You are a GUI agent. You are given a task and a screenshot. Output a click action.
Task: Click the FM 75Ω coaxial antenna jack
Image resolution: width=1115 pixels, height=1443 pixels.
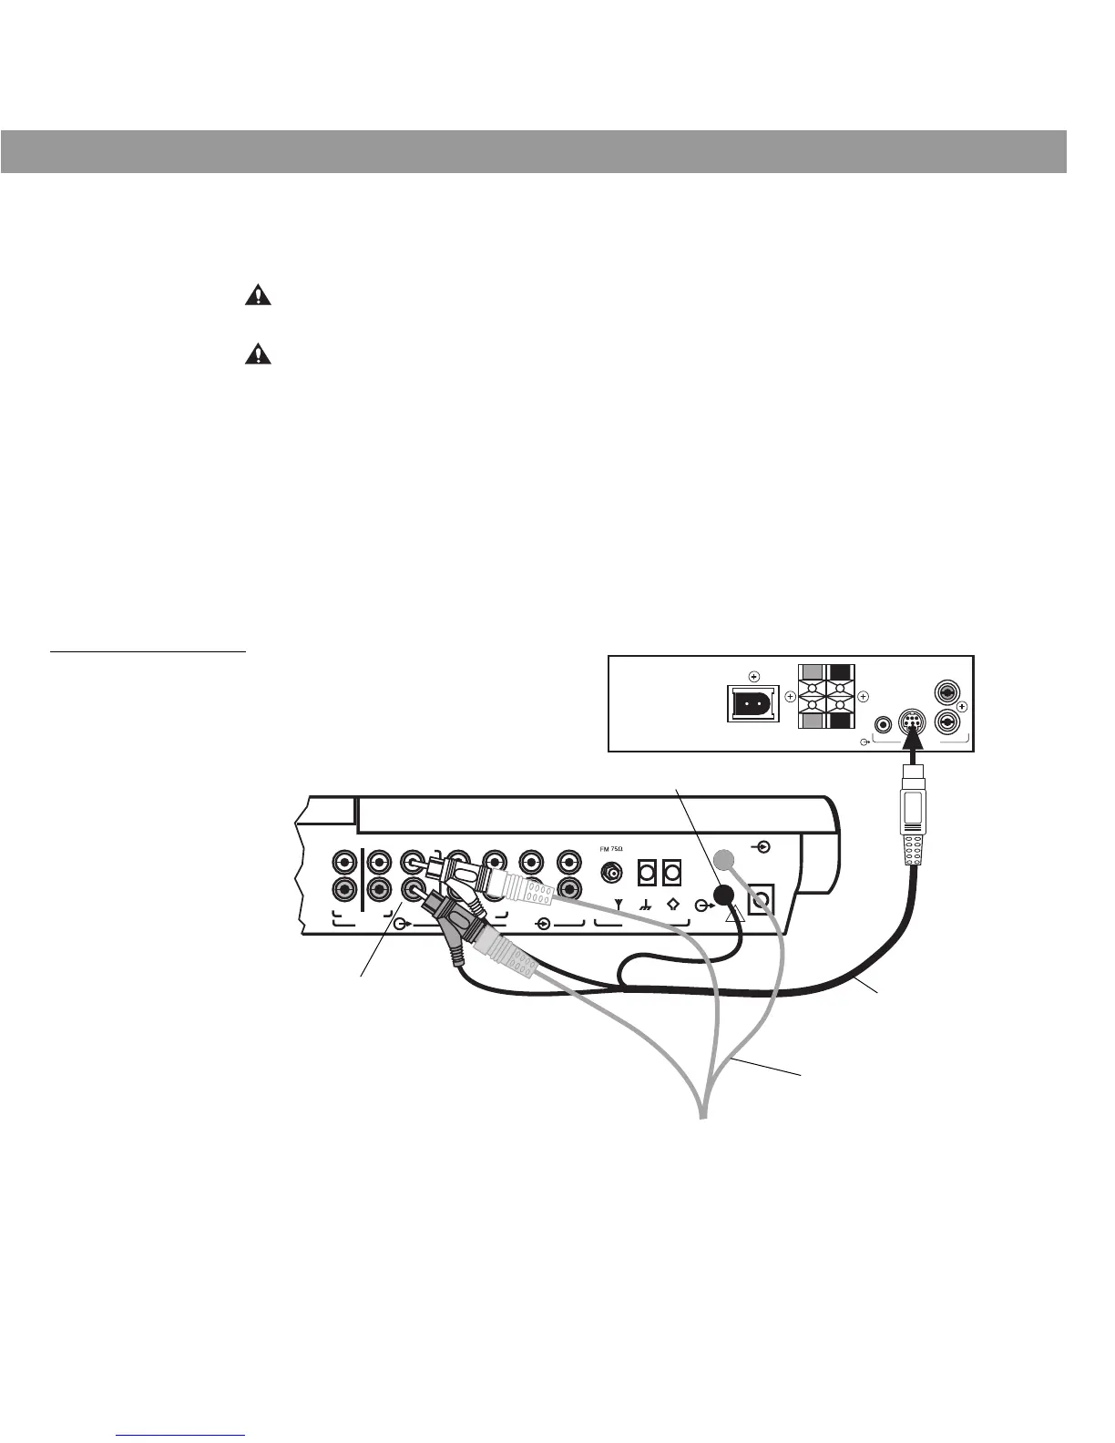click(x=611, y=873)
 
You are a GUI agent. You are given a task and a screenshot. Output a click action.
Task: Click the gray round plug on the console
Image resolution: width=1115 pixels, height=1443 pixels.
click(x=723, y=859)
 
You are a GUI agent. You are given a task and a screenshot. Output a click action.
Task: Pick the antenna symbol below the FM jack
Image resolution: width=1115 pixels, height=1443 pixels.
click(x=619, y=906)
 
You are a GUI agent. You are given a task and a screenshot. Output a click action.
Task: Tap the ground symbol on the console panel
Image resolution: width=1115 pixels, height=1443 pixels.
click(x=647, y=906)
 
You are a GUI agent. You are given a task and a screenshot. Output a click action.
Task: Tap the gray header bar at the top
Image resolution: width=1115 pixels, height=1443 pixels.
click(x=534, y=151)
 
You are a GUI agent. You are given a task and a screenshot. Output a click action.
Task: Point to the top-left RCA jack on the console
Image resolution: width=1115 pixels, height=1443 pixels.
click(x=344, y=861)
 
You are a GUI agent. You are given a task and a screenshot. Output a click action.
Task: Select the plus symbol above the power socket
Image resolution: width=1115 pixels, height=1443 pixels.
click(x=753, y=676)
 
